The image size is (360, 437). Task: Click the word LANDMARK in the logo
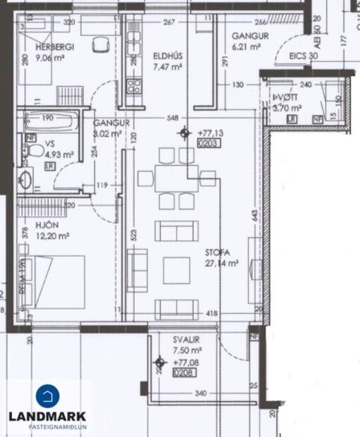(46, 416)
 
